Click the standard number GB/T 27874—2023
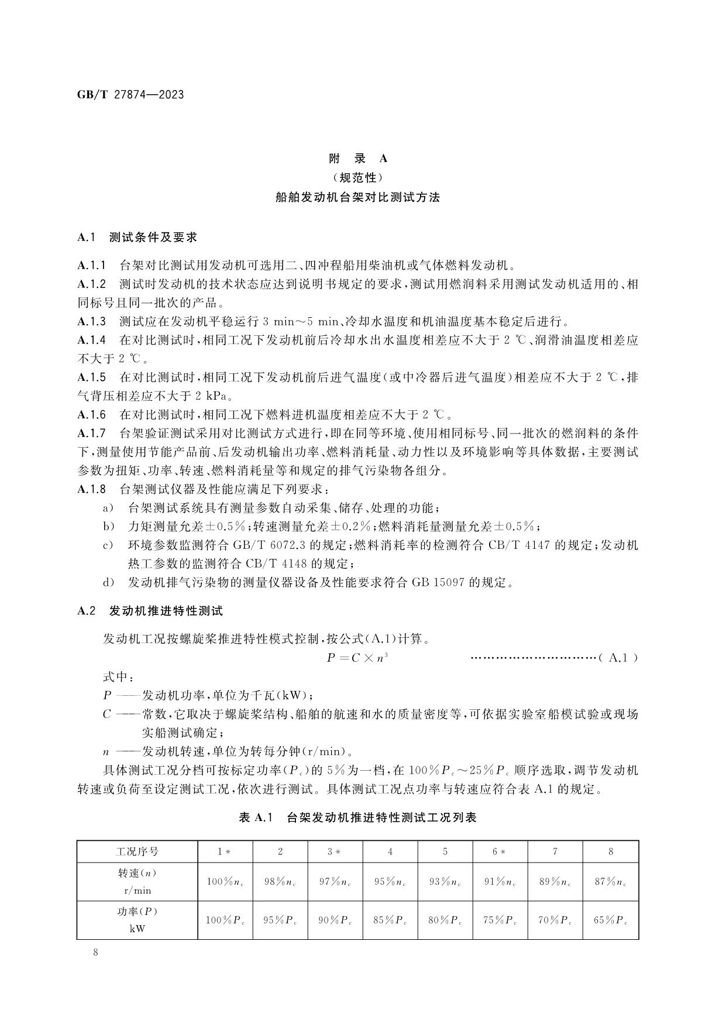(x=130, y=94)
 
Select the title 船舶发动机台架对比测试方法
(x=357, y=197)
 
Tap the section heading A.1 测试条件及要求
(x=137, y=237)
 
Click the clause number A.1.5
(x=92, y=377)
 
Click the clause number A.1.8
(x=92, y=489)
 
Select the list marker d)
(x=108, y=582)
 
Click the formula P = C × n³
(x=357, y=658)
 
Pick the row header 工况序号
(x=137, y=851)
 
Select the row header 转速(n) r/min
(x=137, y=882)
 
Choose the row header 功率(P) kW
(x=137, y=920)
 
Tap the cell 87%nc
(x=611, y=882)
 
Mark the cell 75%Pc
(x=500, y=920)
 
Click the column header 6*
(x=500, y=851)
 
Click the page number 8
(x=95, y=952)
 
